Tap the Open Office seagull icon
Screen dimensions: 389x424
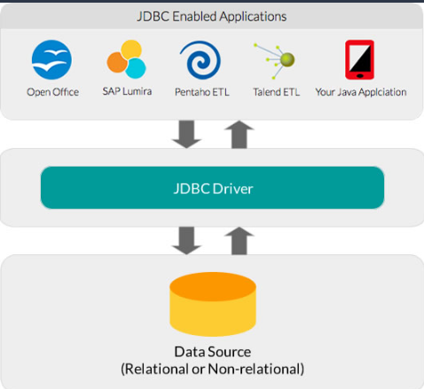52,60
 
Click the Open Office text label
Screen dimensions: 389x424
52,92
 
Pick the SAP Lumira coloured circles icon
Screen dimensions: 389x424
125,61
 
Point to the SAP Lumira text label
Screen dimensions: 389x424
125,92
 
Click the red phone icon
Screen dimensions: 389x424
358,60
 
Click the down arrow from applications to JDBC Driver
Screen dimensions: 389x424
188,135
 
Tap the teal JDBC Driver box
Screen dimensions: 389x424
212,187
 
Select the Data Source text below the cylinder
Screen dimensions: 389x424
212,351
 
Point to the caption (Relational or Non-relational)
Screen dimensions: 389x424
212,368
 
